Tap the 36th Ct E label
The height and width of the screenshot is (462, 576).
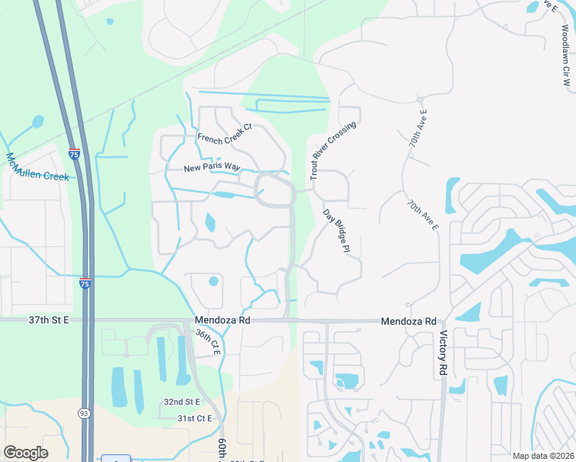coord(208,343)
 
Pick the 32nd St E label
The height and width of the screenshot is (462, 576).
coord(181,402)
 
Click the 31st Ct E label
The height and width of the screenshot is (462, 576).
coord(194,418)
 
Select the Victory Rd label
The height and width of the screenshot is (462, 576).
coord(443,353)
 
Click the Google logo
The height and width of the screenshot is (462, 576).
coord(25,453)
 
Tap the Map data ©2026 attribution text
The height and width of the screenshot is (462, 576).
coord(543,456)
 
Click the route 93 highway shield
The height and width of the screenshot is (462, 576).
coord(82,413)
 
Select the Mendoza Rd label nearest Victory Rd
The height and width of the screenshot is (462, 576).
coord(408,321)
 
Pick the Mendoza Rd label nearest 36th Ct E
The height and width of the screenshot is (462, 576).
coord(223,320)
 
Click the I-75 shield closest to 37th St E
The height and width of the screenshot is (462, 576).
coord(85,283)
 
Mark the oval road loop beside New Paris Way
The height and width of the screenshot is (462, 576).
coord(274,189)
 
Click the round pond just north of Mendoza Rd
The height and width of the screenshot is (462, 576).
coord(213,281)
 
